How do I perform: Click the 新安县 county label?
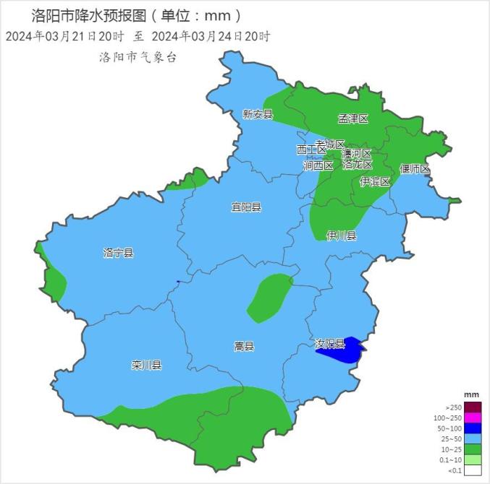tap(257, 114)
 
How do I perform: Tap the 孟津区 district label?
tap(353, 118)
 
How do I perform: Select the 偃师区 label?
tap(415, 169)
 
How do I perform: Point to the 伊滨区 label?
tap(375, 181)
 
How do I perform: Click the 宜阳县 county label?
tap(246, 207)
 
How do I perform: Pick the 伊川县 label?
tap(341, 235)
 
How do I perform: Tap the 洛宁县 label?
tap(119, 253)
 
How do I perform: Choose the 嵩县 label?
tap(245, 346)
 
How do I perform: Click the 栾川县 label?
tap(146, 365)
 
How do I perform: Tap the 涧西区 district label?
tap(318, 165)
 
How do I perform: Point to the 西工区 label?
tap(311, 150)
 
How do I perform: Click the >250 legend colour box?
tap(472, 407)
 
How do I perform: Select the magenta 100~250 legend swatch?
tap(472, 418)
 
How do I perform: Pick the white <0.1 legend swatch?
tap(472, 470)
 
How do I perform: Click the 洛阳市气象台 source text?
tap(138, 57)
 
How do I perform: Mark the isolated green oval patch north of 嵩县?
tap(269, 297)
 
